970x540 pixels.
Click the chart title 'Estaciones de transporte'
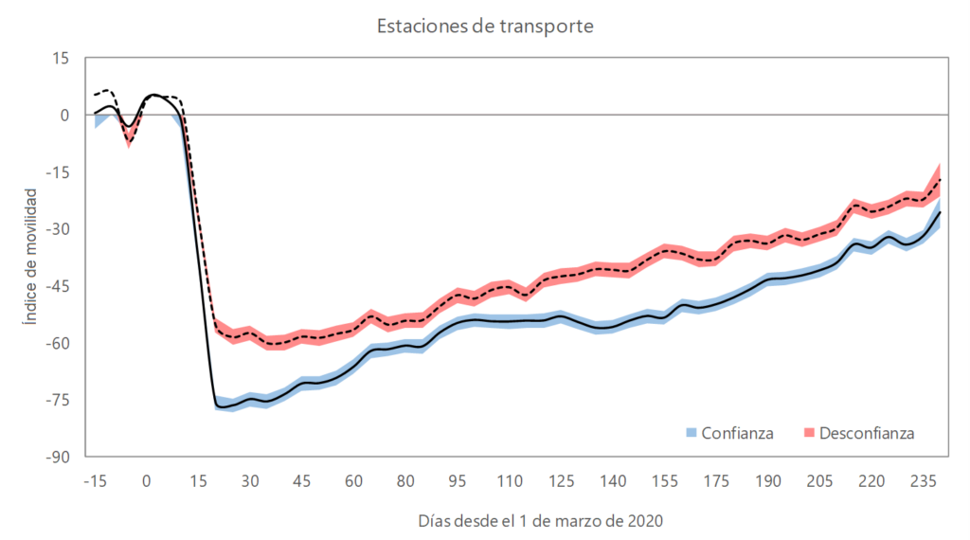(x=485, y=26)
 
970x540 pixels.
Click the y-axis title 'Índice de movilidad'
(x=30, y=257)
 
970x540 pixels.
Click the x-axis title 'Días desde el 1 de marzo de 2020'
(x=540, y=521)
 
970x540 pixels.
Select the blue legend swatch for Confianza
(x=692, y=433)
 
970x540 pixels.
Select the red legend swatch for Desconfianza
(x=809, y=433)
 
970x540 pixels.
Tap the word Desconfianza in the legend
(x=867, y=433)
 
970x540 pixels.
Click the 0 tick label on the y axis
(x=64, y=116)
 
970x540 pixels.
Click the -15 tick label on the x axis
(x=94, y=480)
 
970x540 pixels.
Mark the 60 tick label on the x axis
(x=353, y=480)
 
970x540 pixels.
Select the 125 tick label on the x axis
(x=561, y=480)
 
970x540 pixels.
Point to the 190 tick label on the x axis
(x=768, y=480)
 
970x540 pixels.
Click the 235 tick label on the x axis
(x=924, y=480)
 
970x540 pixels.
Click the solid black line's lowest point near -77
(x=220, y=406)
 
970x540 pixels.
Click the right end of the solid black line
(x=941, y=211)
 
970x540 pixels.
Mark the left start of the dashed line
(x=95, y=96)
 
